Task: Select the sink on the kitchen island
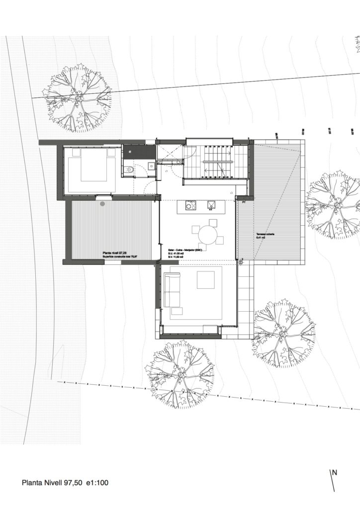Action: point(211,204)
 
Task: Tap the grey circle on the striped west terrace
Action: point(103,203)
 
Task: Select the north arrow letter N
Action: point(335,473)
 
